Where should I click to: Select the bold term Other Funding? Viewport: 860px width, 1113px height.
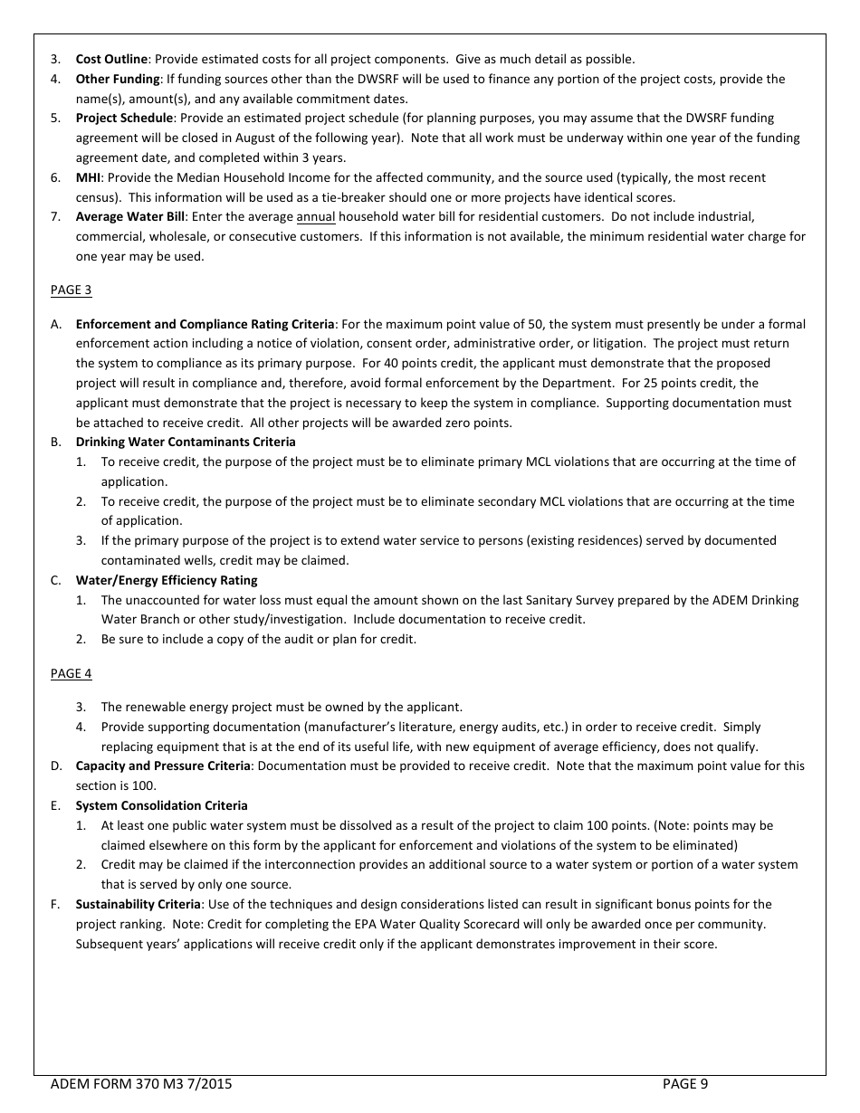117,80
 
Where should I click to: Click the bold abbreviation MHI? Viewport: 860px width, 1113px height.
88,178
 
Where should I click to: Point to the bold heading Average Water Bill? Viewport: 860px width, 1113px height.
129,217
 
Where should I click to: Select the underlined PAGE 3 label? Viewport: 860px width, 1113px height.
71,290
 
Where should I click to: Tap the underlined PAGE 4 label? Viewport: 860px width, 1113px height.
71,674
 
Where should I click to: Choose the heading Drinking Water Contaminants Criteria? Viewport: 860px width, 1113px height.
185,442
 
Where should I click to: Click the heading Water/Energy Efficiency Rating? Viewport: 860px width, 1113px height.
166,581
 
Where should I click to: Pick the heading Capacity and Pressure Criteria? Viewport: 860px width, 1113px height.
162,766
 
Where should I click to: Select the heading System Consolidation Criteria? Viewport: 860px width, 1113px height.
161,806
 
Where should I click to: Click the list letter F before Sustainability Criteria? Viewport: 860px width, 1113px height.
54,905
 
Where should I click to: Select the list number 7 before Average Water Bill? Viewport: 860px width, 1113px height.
55,217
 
